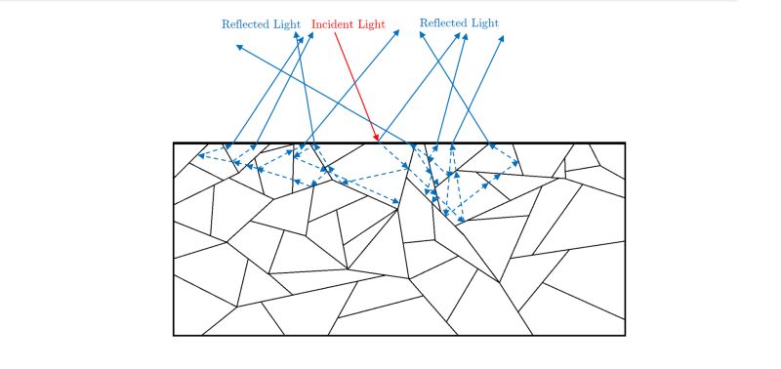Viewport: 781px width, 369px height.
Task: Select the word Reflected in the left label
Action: click(245, 23)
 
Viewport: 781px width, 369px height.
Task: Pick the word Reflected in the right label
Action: click(442, 22)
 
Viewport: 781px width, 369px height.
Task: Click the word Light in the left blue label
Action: click(288, 23)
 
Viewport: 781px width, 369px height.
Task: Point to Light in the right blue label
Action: click(485, 22)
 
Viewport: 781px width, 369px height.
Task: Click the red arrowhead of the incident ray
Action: click(377, 141)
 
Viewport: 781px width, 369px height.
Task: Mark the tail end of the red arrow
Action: click(335, 33)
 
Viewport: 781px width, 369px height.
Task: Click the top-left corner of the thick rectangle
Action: click(174, 143)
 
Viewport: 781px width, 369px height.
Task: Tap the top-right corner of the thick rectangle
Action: click(624, 143)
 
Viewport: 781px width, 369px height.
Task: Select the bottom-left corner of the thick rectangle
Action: click(174, 335)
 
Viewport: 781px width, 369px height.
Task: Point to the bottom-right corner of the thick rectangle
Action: click(624, 335)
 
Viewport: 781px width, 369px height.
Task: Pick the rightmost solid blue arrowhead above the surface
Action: click(503, 39)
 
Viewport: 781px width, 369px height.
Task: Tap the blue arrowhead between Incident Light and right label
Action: click(400, 30)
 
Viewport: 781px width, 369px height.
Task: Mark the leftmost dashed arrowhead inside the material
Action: click(199, 155)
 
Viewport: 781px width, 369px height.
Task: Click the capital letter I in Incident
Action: click(314, 23)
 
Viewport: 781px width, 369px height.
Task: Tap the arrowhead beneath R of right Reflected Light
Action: click(424, 32)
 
